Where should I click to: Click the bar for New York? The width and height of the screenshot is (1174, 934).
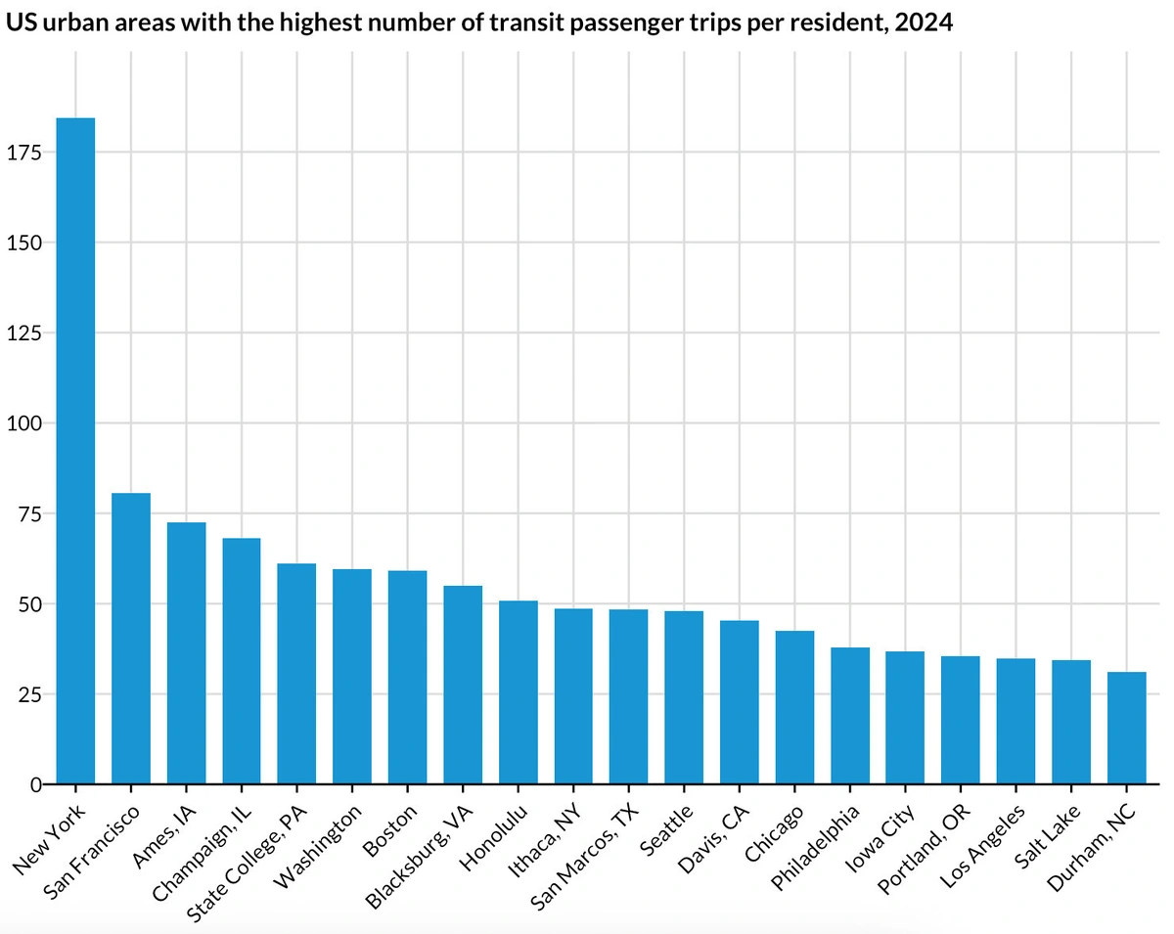coord(75,451)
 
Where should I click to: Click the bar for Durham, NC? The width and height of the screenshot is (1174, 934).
coord(1126,728)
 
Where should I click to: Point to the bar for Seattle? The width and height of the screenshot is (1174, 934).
coord(684,697)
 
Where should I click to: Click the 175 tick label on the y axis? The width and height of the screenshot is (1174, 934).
coord(23,153)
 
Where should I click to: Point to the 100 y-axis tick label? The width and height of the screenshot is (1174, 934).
coord(23,423)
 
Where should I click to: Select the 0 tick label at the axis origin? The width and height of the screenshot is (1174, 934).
coord(35,784)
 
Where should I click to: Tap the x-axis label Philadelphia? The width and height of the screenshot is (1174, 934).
coord(816,847)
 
